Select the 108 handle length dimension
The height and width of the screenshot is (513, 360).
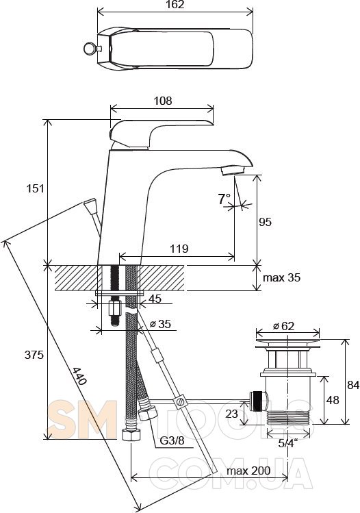point(162,101)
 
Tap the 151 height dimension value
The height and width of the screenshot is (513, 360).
point(35,188)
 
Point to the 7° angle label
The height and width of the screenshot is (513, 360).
point(224,199)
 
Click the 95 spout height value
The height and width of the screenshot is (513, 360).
point(265,222)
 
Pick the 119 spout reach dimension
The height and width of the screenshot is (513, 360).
point(179,249)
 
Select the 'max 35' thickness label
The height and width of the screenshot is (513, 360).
point(281,277)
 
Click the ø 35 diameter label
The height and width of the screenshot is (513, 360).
point(160,324)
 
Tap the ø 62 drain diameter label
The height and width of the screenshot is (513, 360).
point(283,326)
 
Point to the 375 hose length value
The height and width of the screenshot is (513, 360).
point(34,354)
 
